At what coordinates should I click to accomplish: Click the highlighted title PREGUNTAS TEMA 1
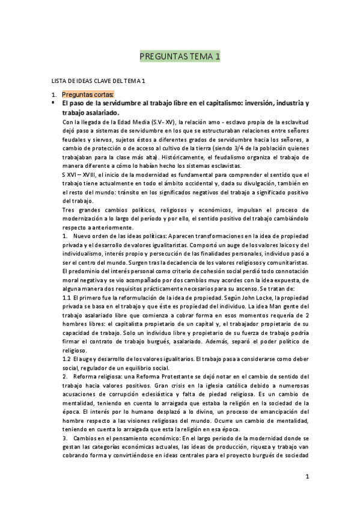[180, 57]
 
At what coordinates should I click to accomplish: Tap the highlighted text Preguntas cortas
[88, 94]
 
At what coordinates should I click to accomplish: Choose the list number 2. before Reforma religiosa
[65, 376]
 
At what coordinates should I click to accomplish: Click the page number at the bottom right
[307, 477]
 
